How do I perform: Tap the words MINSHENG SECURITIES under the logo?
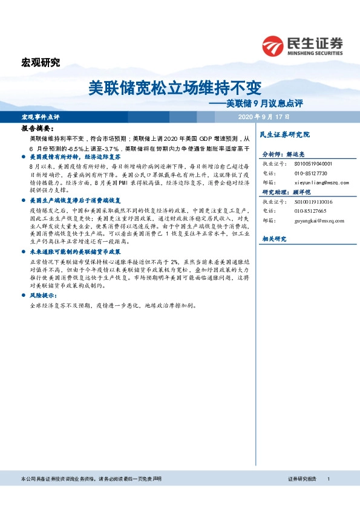pos(315,52)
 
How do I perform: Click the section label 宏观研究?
pos(41,62)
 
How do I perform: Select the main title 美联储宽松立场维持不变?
pos(175,88)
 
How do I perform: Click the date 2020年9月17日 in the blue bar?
pos(264,116)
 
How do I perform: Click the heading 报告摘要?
pos(37,129)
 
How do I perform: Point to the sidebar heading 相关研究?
pos(273,239)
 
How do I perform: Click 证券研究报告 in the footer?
pos(302,479)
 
